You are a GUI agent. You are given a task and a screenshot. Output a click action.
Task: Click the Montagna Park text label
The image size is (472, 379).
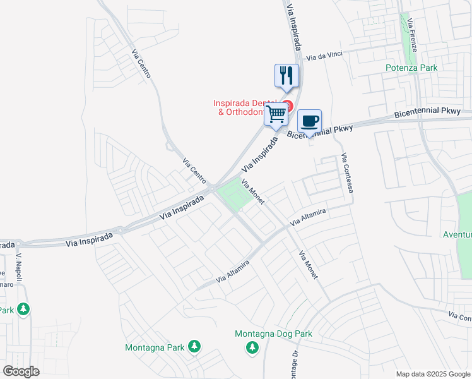tap(155, 347)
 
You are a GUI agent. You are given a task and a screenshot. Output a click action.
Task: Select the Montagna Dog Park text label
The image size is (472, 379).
tap(273, 334)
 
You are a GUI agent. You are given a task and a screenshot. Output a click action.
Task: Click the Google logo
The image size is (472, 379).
tap(21, 371)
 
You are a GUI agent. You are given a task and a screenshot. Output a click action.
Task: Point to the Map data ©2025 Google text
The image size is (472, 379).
tap(432, 374)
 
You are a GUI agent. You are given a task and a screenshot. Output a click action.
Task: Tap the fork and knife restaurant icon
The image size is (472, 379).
tap(286, 76)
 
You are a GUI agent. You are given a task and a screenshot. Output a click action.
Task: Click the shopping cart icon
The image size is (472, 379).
tap(276, 115)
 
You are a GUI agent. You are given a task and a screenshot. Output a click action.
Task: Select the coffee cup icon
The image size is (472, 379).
tap(309, 121)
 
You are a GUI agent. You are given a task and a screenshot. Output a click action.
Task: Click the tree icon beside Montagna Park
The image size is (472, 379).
tap(195, 347)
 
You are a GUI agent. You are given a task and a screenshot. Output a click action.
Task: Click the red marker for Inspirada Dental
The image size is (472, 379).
tap(288, 105)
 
